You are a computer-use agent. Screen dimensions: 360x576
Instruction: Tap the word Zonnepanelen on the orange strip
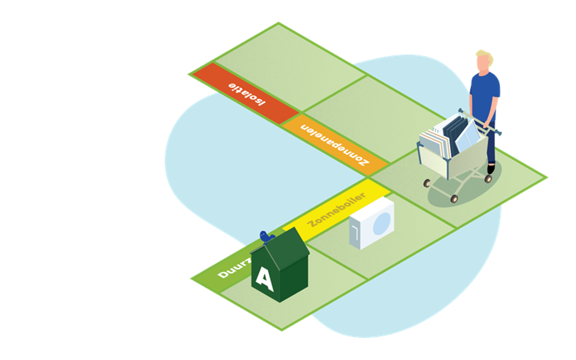point(335,144)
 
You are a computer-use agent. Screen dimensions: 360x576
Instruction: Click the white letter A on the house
point(264,280)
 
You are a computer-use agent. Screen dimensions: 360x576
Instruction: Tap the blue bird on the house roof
point(266,237)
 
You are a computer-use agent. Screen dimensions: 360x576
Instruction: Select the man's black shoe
point(491,168)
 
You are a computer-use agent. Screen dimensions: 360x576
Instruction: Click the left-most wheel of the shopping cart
point(426,182)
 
